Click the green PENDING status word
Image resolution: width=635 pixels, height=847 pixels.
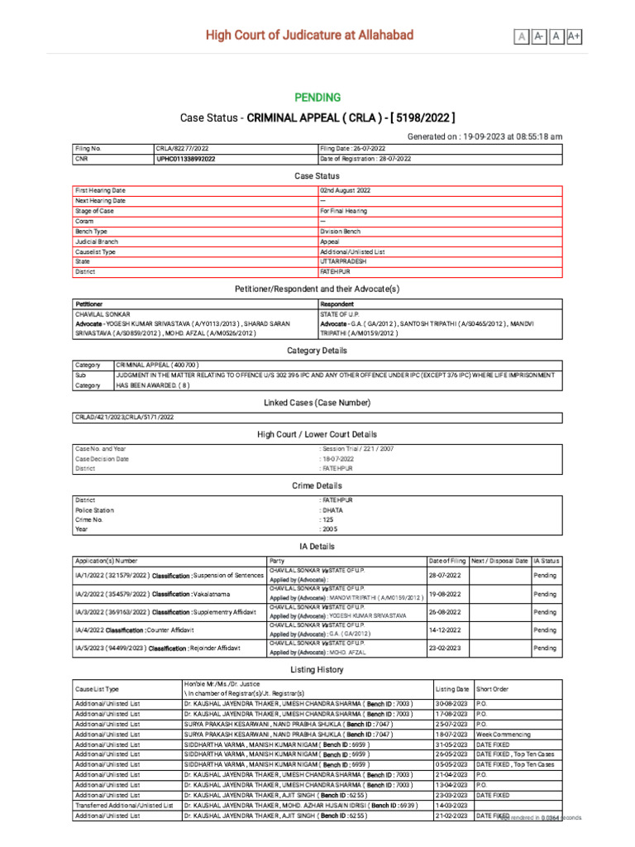tap(317, 98)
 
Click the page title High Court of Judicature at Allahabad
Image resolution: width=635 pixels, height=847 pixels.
tap(309, 36)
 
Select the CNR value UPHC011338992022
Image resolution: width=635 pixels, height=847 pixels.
tap(186, 158)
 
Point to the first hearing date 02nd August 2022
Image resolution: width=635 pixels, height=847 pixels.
tap(346, 190)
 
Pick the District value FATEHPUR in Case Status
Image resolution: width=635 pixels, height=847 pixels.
tap(337, 271)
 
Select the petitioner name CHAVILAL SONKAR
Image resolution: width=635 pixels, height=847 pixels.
tap(103, 314)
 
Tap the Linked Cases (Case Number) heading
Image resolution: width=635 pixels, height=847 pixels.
tap(317, 402)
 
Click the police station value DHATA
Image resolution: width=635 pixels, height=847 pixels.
tap(332, 510)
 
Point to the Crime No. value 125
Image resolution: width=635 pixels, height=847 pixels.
tap(328, 519)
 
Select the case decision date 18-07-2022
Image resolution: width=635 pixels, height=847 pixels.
tap(340, 458)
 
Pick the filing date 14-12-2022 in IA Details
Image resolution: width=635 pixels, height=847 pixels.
tap(445, 629)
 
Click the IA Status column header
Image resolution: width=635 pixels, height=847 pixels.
tap(547, 560)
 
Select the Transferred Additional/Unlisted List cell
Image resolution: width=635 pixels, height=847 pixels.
tap(124, 805)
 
